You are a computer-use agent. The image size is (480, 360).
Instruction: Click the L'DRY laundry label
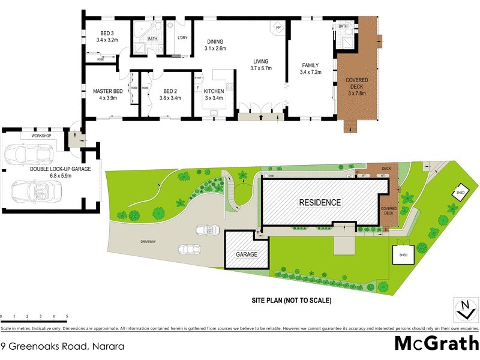click(183, 38)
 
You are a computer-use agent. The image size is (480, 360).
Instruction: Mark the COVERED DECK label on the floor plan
click(357, 87)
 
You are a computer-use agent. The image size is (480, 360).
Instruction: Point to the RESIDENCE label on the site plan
click(320, 203)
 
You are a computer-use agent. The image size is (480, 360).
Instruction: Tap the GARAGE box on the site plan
click(245, 254)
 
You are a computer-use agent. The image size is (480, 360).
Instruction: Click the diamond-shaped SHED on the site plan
click(461, 192)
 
